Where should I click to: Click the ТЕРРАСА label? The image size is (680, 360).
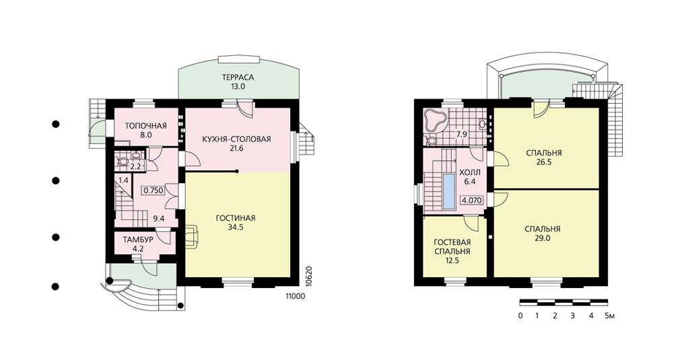(238, 77)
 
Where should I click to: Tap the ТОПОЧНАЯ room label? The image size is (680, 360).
(145, 126)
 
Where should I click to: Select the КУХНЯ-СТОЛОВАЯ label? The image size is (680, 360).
(236, 139)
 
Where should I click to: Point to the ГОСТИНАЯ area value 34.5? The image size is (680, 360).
(236, 227)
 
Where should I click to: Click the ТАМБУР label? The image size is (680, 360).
(137, 240)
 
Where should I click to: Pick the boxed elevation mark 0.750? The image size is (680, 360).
(154, 190)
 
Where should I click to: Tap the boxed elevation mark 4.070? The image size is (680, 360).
(472, 201)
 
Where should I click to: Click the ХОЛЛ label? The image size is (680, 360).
(470, 173)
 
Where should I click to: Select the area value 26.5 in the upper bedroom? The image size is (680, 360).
(544, 162)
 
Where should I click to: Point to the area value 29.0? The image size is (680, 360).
(543, 238)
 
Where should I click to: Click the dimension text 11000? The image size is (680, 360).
(295, 296)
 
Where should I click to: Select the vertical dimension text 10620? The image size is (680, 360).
(309, 275)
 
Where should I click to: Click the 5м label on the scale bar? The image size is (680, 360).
(610, 316)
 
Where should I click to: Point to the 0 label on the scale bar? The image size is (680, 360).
(520, 316)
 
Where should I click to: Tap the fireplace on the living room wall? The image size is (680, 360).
(192, 237)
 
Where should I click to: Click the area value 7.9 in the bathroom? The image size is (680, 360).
(462, 135)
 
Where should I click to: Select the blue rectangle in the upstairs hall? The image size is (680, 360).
(449, 190)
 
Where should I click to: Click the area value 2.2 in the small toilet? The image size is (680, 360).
(136, 166)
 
